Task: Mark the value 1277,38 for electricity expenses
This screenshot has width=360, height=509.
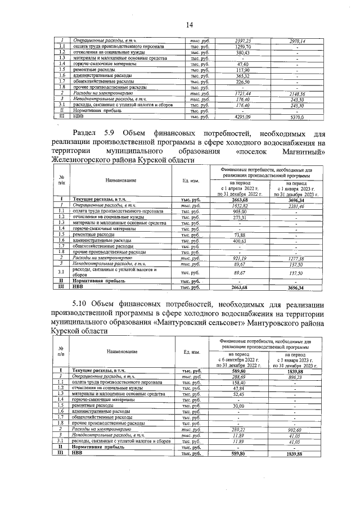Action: pyautogui.click(x=296, y=258)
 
